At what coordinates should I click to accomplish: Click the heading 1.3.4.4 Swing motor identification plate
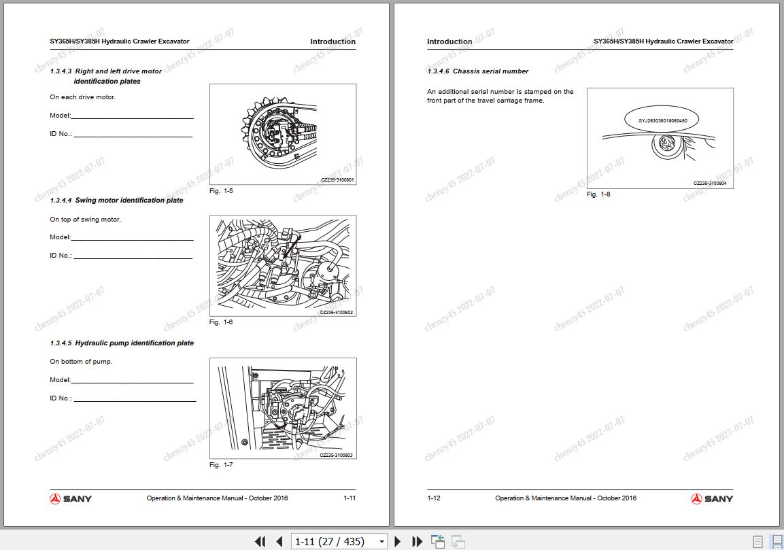[x=116, y=201]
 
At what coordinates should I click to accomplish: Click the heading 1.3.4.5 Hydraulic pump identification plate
[x=122, y=343]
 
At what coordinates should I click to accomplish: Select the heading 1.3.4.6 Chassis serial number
[x=478, y=71]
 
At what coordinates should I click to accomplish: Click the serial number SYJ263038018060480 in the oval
[x=662, y=120]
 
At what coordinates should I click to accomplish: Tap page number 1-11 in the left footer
[x=350, y=498]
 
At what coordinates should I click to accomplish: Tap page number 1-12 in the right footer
[x=434, y=498]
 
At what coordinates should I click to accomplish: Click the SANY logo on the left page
[x=71, y=498]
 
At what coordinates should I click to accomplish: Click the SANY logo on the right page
[x=712, y=498]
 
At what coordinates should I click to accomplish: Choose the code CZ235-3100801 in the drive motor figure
[x=337, y=180]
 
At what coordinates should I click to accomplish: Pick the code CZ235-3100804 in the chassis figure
[x=710, y=184]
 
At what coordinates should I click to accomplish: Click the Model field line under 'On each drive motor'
[x=132, y=118]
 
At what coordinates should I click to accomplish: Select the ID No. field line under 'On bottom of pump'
[x=135, y=401]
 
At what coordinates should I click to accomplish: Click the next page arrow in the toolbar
[x=398, y=541]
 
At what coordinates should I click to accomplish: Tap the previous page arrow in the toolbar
[x=279, y=541]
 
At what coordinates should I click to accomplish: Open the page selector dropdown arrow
[x=382, y=542]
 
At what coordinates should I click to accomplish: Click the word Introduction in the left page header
[x=333, y=42]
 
